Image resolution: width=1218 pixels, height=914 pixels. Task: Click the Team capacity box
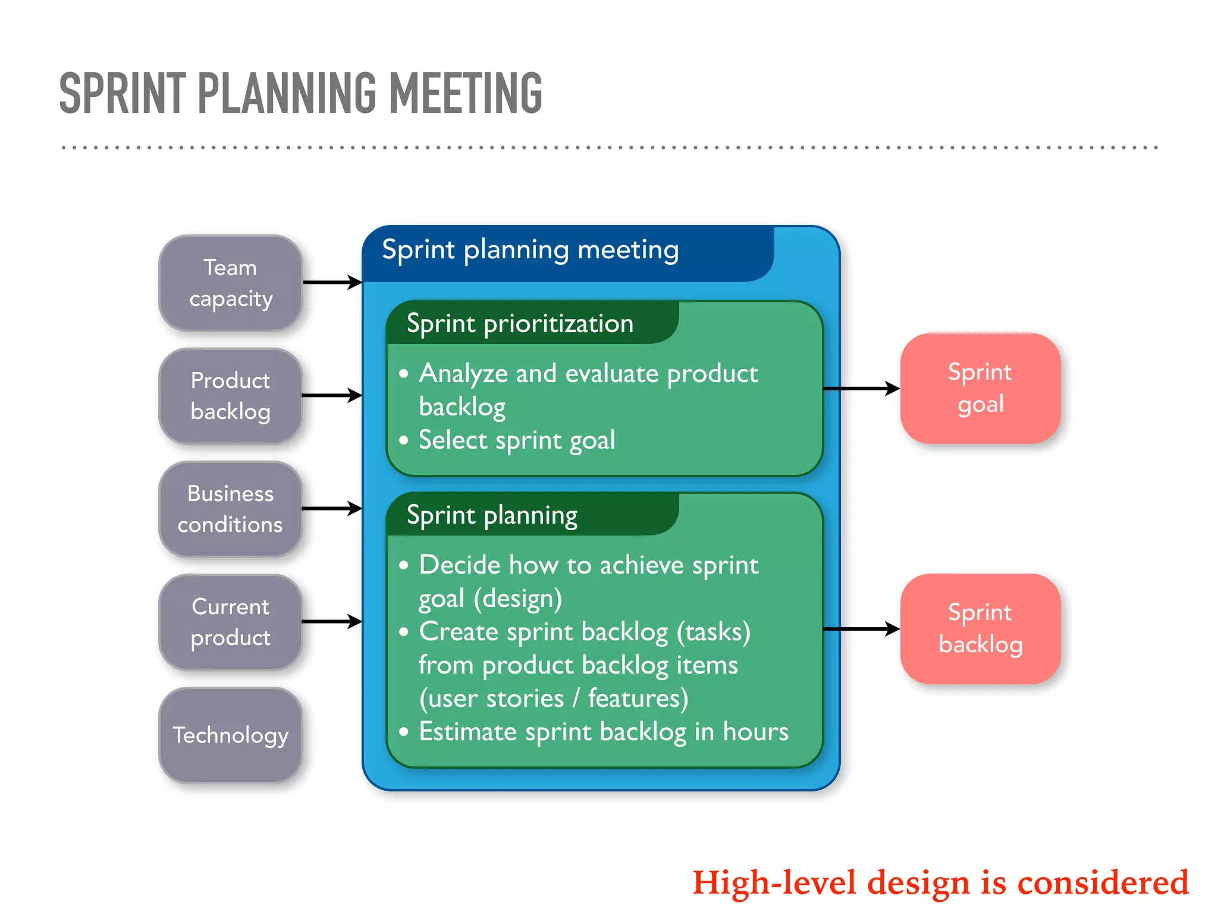[231, 283]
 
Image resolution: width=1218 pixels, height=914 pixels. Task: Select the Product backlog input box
[231, 396]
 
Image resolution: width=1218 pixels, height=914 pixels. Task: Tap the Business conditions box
[231, 509]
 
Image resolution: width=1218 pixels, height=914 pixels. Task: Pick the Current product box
[231, 622]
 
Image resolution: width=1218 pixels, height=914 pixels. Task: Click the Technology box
[231, 735]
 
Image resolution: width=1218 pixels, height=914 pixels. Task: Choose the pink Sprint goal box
[980, 389]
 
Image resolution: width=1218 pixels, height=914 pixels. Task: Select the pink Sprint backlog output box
[980, 629]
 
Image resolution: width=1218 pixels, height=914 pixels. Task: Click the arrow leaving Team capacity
[332, 282]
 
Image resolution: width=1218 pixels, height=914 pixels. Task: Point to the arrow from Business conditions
[332, 508]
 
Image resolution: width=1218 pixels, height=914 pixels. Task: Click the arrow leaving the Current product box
[332, 622]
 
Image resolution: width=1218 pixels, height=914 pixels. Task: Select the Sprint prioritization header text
[520, 324]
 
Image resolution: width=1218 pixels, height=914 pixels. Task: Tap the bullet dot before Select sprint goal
[404, 440]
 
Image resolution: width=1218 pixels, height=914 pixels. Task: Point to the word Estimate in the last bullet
[467, 731]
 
